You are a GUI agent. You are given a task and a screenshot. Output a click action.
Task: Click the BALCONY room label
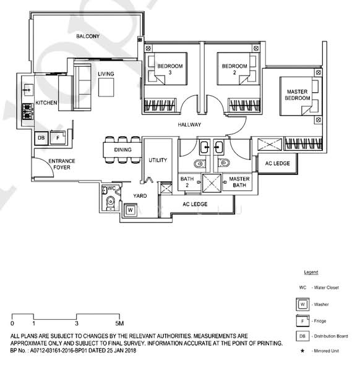pyautogui.click(x=88, y=36)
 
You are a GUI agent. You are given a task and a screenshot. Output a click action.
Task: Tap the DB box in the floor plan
pyautogui.click(x=41, y=138)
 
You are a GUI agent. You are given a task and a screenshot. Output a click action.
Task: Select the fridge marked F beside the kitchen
pyautogui.click(x=58, y=137)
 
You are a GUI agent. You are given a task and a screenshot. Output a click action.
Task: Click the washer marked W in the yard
pyautogui.click(x=130, y=210)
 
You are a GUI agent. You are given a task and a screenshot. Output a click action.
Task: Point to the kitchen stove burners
pyautogui.click(x=28, y=111)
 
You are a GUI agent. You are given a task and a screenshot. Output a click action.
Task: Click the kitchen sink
pyautogui.click(x=28, y=90)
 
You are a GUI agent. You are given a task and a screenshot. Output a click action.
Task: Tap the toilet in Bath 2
pyautogui.click(x=199, y=163)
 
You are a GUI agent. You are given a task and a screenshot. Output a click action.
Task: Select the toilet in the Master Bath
pyautogui.click(x=224, y=163)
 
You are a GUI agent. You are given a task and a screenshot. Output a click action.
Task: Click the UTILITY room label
pyautogui.click(x=158, y=160)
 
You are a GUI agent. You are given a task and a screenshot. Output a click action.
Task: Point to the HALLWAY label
pyautogui.click(x=189, y=124)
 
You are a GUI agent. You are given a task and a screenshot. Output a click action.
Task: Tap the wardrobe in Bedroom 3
pyautogui.click(x=160, y=105)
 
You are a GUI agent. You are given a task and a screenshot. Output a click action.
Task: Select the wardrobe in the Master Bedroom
pyautogui.click(x=304, y=143)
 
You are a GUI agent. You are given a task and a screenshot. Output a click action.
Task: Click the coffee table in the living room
pyautogui.click(x=106, y=87)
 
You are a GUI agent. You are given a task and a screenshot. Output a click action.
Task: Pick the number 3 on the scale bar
pyautogui.click(x=77, y=323)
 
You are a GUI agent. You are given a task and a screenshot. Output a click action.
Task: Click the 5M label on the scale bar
pyautogui.click(x=119, y=323)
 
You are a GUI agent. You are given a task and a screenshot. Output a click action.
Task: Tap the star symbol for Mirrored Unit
pyautogui.click(x=302, y=351)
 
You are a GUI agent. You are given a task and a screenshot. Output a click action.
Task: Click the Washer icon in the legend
pyautogui.click(x=302, y=304)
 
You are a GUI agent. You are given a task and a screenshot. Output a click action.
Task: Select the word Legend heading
pyautogui.click(x=311, y=272)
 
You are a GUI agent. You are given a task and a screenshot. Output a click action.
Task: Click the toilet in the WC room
pyautogui.click(x=111, y=203)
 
